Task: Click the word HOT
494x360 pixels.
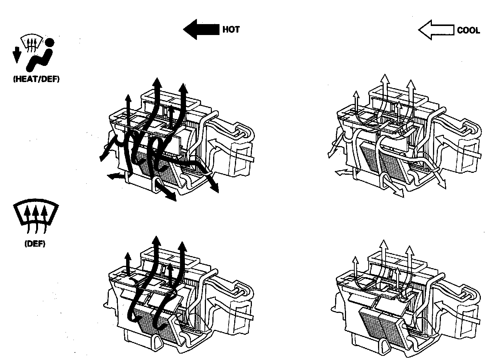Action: click(x=231, y=29)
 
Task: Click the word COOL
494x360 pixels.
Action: click(x=468, y=30)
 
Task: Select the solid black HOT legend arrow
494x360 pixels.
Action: click(x=201, y=29)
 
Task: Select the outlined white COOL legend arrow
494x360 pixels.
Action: click(x=436, y=30)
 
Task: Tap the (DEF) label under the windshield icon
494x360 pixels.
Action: click(x=35, y=244)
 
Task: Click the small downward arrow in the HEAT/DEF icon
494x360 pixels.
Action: click(x=16, y=55)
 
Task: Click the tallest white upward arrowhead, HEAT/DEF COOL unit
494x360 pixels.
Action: click(x=384, y=78)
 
